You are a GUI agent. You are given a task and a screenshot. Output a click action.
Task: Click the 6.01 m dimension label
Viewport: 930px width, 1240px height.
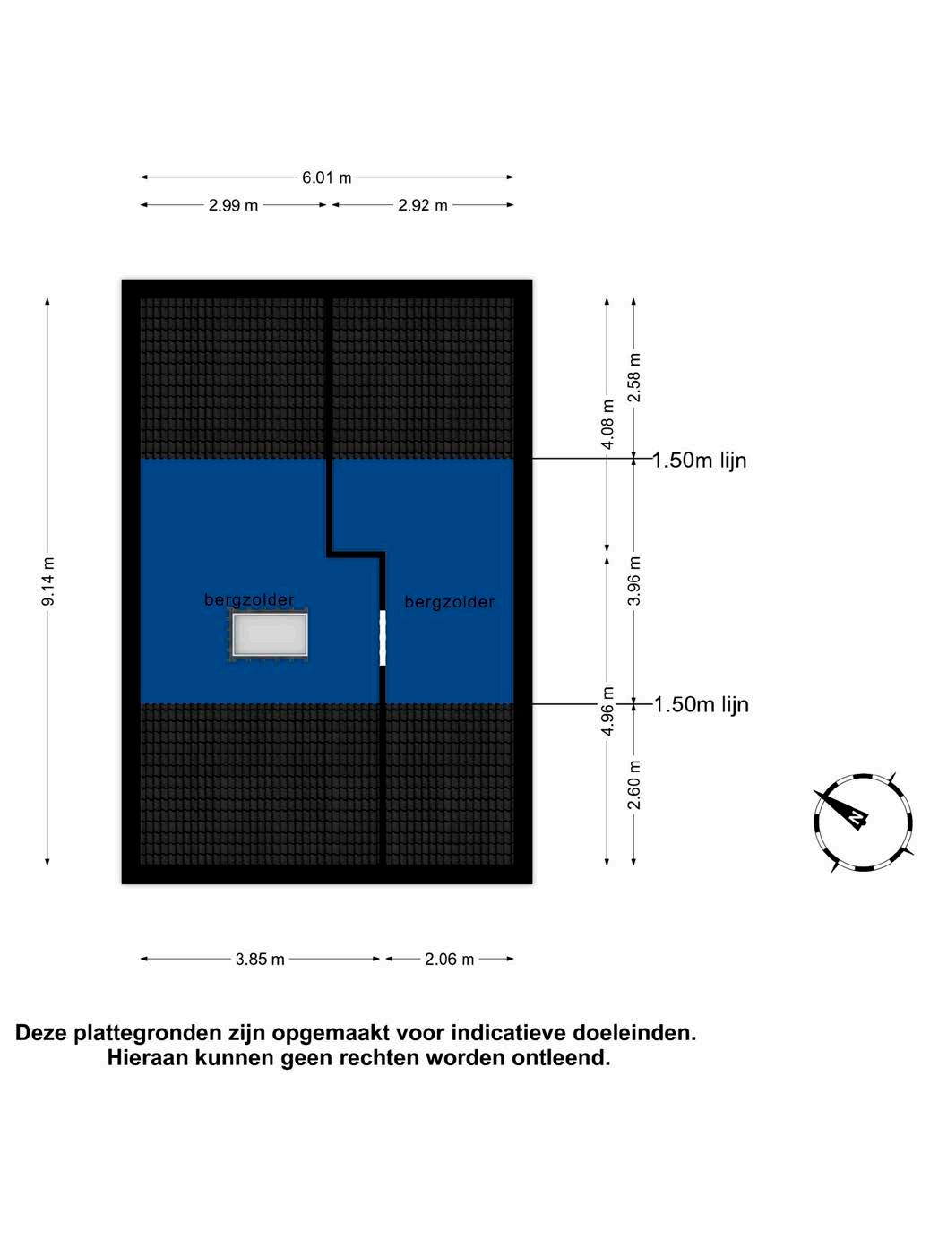[327, 177]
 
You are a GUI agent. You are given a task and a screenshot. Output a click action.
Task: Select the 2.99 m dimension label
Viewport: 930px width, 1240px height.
[233, 205]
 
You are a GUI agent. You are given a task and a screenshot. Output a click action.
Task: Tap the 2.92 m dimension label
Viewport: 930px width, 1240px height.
[423, 205]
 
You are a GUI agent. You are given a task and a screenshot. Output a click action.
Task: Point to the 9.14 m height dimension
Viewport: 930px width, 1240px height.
[48, 581]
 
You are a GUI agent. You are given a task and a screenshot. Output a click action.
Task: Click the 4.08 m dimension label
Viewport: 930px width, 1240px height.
[607, 424]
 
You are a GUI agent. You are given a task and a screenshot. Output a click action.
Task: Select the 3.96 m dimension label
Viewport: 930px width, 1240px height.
[634, 581]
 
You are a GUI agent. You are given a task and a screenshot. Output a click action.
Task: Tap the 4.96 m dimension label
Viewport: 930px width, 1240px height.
[607, 712]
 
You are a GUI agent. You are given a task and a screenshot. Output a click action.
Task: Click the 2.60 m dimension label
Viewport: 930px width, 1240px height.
[634, 784]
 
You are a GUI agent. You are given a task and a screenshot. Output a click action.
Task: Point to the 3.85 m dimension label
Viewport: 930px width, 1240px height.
[260, 960]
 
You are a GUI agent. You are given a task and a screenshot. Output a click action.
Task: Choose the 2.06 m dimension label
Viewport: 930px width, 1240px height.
[449, 960]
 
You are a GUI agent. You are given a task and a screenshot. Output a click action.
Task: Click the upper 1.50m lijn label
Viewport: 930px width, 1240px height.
[700, 461]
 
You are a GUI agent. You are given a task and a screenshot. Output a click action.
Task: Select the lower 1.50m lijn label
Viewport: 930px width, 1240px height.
[701, 705]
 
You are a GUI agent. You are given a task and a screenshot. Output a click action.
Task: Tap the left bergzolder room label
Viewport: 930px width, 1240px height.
[249, 600]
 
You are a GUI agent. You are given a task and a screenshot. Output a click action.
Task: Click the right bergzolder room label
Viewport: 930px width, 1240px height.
[449, 603]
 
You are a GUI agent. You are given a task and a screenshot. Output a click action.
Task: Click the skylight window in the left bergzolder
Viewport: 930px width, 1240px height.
[270, 635]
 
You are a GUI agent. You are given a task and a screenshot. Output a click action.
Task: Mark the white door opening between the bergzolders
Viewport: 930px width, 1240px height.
[383, 637]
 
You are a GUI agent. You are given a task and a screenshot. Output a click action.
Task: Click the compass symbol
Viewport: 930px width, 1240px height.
[862, 822]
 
